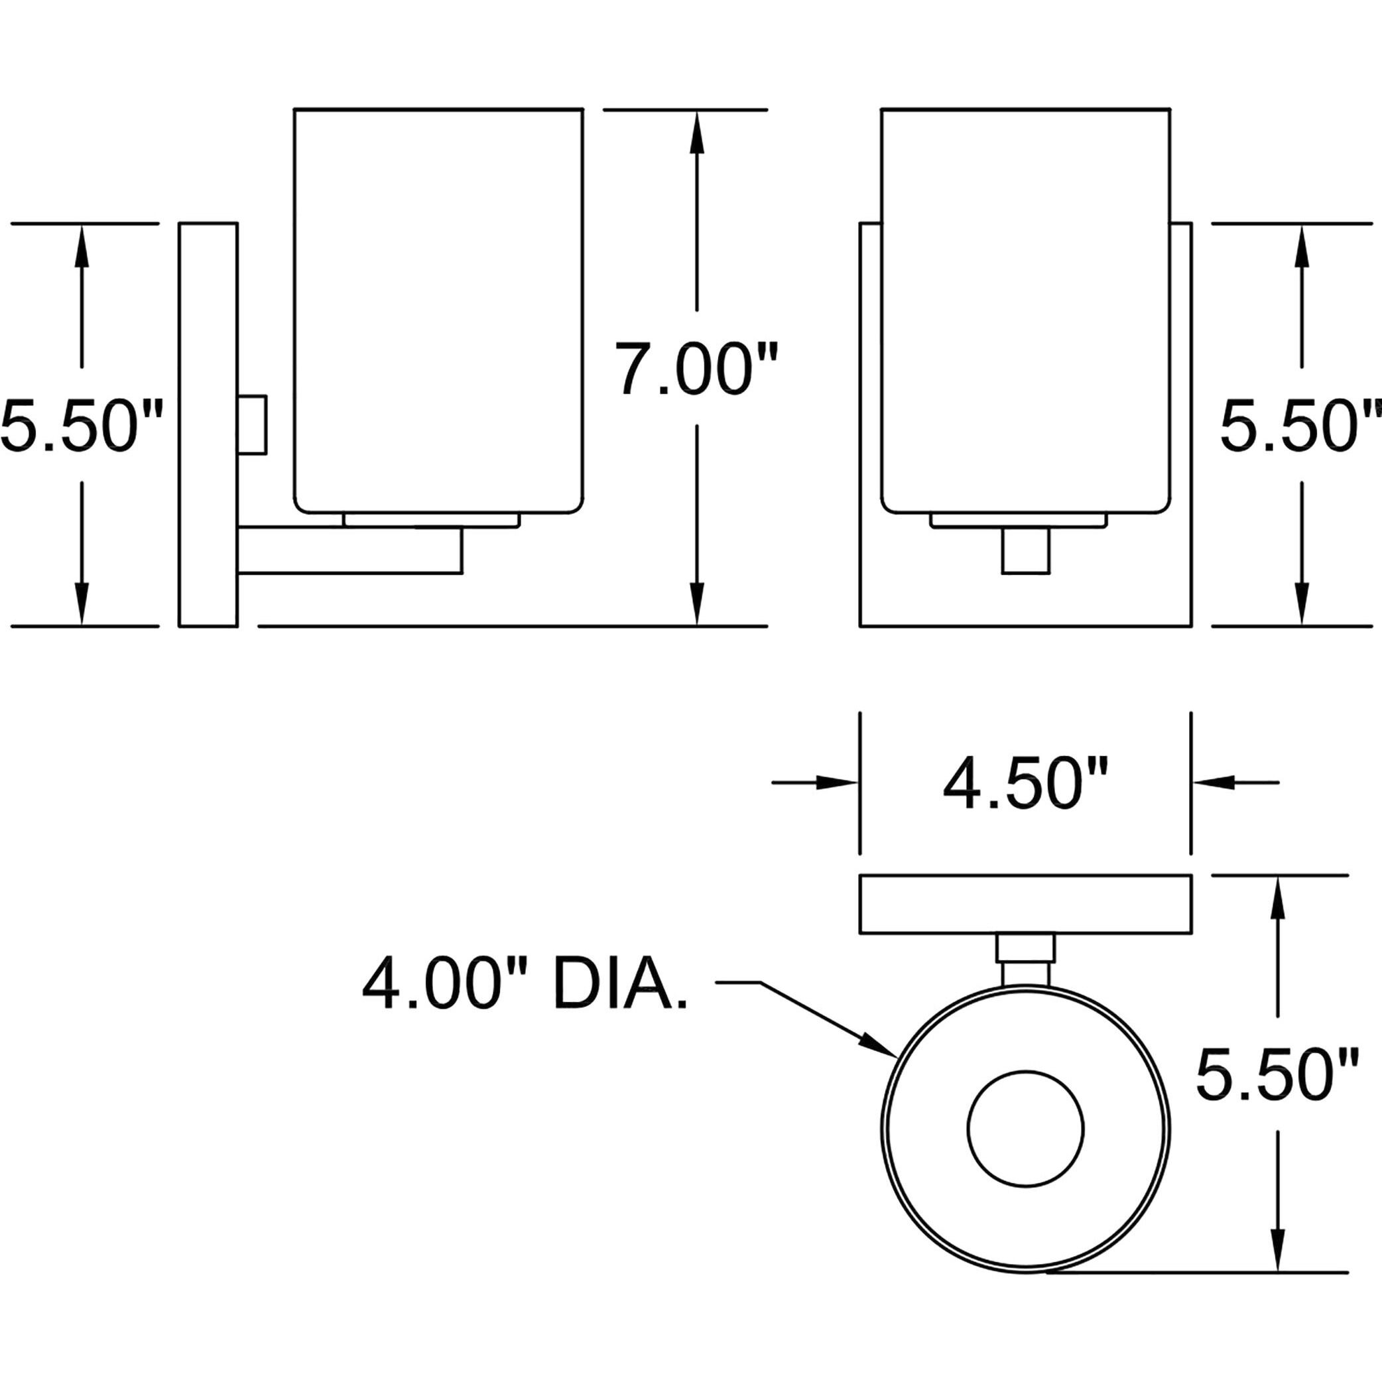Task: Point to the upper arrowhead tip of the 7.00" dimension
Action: point(697,111)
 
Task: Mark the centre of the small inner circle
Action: point(1025,1129)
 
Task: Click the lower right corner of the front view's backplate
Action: point(1191,626)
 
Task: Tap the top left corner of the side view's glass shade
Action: point(294,109)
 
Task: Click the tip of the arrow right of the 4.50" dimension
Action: point(1193,783)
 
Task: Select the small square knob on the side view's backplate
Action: point(252,424)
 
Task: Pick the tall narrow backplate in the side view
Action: point(208,425)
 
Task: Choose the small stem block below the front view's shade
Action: point(1026,550)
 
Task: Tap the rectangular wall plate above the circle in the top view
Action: point(1025,904)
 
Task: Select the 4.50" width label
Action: point(1025,783)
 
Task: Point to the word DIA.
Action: point(619,984)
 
